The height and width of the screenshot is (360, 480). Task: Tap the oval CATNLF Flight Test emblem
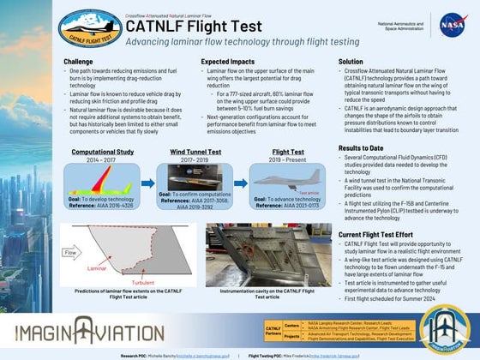89,28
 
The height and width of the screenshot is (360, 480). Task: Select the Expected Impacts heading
225,62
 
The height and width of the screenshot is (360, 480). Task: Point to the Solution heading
351,62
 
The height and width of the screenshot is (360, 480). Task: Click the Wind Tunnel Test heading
201,151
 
